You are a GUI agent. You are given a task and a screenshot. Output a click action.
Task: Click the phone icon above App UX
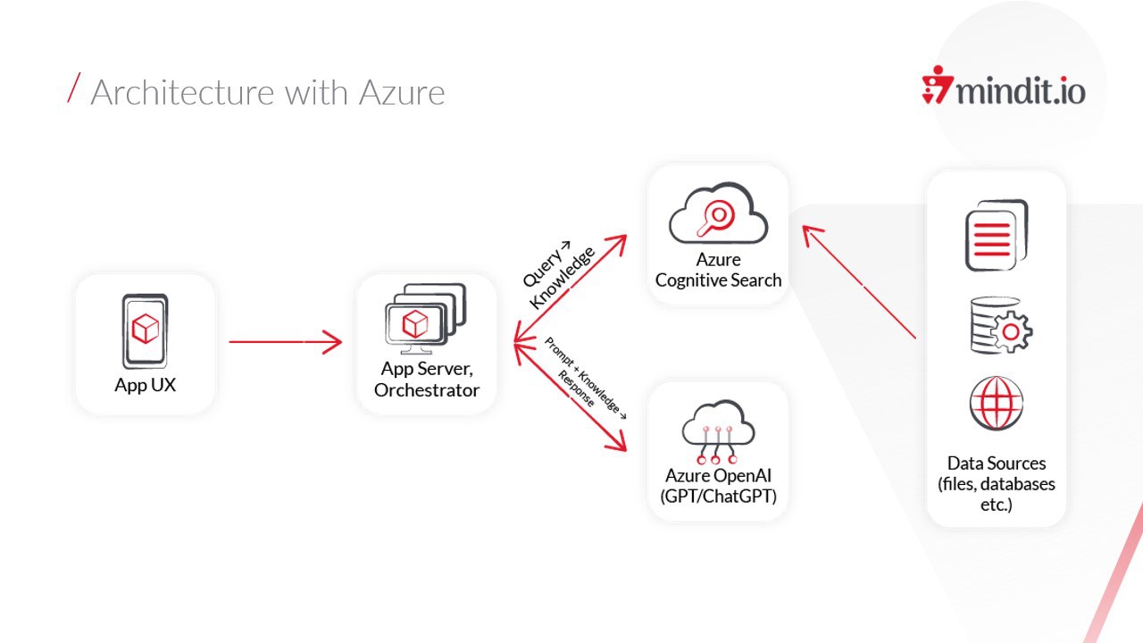coord(145,330)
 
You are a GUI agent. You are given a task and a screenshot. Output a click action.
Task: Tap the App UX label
coord(145,386)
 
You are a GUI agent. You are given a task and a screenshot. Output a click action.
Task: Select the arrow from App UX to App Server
coord(285,341)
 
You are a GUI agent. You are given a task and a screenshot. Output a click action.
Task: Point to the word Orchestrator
coord(427,390)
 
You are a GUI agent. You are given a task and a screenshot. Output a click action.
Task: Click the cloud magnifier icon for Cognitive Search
coord(718,216)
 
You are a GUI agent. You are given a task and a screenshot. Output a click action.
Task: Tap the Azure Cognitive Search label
coord(718,270)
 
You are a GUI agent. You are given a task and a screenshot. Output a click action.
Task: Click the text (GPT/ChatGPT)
coord(718,497)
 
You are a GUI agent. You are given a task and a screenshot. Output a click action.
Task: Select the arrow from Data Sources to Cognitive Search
coord(859,282)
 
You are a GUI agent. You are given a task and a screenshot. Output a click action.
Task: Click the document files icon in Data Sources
coord(996,235)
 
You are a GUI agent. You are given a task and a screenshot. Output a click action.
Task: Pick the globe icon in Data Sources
coord(996,403)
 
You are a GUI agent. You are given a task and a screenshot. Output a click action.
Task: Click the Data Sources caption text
coord(996,484)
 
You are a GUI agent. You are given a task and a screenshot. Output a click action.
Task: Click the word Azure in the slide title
coord(402,93)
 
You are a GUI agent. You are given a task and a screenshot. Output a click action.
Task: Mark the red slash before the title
coord(74,88)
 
